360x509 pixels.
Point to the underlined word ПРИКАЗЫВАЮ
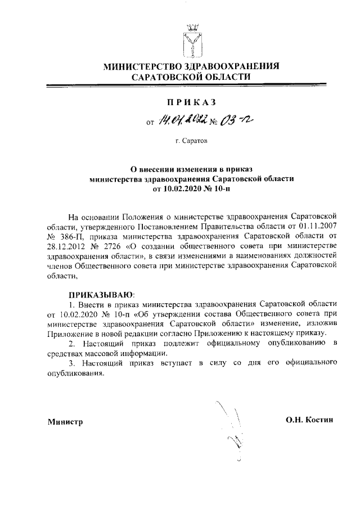pos(101,294)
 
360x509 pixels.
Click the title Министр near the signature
pos(65,422)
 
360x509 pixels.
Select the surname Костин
pos(323,420)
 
